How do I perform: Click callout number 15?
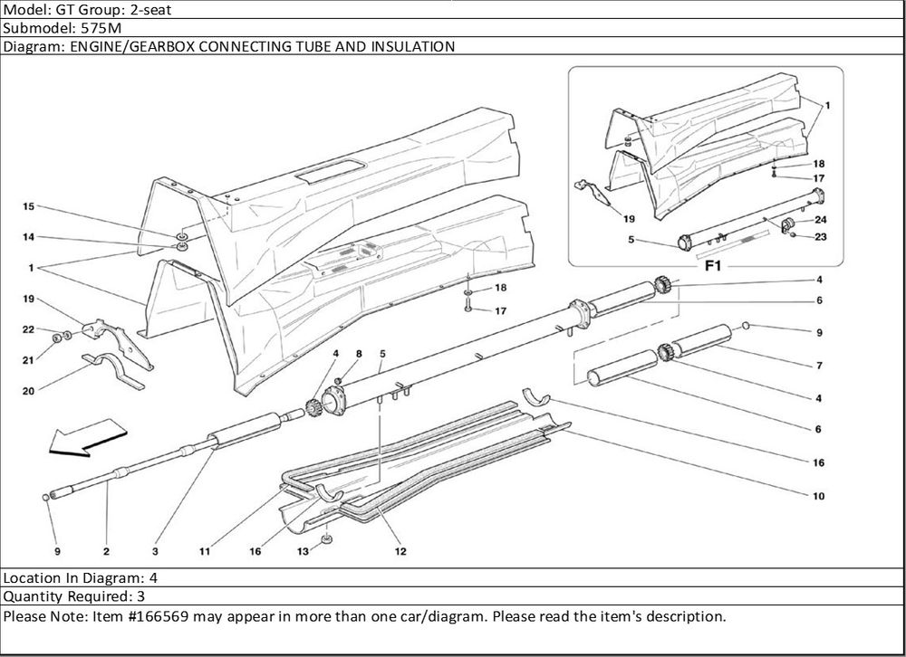(x=28, y=207)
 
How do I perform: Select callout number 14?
(x=28, y=238)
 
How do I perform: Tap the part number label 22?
(x=28, y=329)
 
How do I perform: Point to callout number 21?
(x=28, y=360)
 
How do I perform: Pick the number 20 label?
(x=28, y=391)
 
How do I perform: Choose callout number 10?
(x=818, y=496)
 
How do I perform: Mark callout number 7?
(x=818, y=367)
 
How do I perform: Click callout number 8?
(x=359, y=353)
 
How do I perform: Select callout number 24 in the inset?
(x=820, y=220)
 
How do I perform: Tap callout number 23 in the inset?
(x=820, y=238)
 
